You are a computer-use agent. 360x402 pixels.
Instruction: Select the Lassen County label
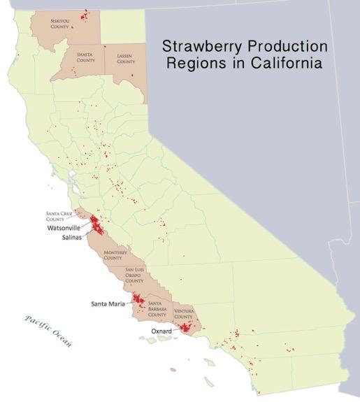point(126,59)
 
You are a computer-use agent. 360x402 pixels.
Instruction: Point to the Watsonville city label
point(64,228)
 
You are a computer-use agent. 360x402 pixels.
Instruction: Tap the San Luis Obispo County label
point(139,275)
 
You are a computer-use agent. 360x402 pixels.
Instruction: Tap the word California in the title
point(282,64)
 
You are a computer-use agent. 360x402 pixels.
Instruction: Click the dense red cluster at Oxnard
point(185,326)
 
